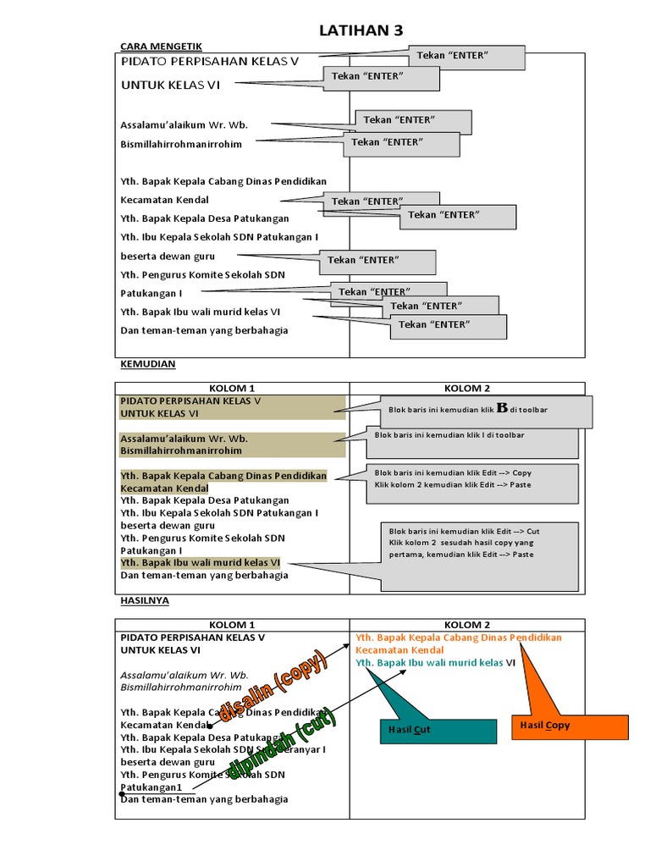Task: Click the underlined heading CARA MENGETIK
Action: pyautogui.click(x=162, y=46)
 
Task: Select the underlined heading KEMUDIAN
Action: pyautogui.click(x=147, y=364)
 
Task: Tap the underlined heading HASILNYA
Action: pyautogui.click(x=145, y=600)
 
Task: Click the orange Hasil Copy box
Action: pyautogui.click(x=570, y=726)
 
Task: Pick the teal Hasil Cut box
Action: pyautogui.click(x=438, y=730)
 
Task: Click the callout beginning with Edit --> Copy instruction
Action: pyautogui.click(x=474, y=478)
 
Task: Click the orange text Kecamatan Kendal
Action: pyautogui.click(x=399, y=650)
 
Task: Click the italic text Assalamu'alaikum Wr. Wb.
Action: pyautogui.click(x=184, y=676)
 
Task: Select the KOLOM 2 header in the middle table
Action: pyautogui.click(x=467, y=389)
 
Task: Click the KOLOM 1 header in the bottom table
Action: pyautogui.click(x=232, y=625)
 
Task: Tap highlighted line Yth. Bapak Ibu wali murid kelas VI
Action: pyautogui.click(x=201, y=562)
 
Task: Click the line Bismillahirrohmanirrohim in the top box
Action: pyautogui.click(x=181, y=144)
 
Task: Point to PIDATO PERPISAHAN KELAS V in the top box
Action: pyautogui.click(x=210, y=62)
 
